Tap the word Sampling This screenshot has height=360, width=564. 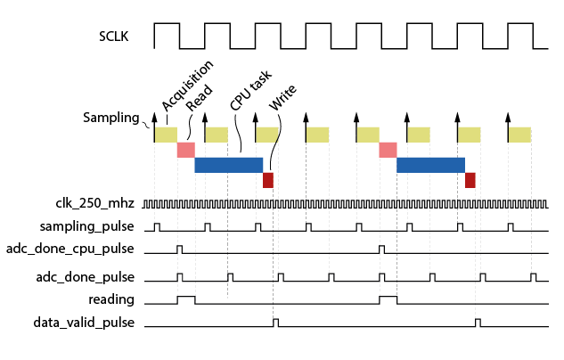[111, 118]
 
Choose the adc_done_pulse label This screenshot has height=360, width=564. [86, 277]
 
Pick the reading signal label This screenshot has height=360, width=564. [111, 299]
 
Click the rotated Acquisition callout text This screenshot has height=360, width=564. [187, 85]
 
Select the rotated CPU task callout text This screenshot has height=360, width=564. [250, 90]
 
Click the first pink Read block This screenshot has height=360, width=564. [185, 150]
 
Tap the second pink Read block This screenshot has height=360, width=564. [388, 150]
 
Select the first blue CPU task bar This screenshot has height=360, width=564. [228, 165]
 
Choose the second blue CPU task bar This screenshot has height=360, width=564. [430, 165]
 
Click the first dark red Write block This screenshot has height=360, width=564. [268, 180]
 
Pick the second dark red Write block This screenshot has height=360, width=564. [470, 180]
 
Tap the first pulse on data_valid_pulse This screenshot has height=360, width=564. [275, 322]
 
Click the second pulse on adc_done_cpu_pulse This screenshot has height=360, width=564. [382, 248]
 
